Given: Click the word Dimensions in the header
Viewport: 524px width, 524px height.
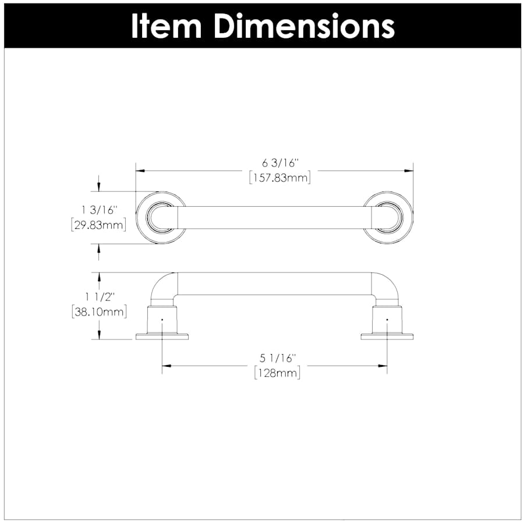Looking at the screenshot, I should (x=303, y=26).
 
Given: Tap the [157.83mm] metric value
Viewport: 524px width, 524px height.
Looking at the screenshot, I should (x=279, y=178).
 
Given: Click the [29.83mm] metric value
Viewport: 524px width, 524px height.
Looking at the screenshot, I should (x=98, y=224).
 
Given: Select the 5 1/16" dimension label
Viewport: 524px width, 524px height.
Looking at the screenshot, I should (x=277, y=357).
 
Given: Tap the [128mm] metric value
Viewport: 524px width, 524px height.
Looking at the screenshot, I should (x=277, y=373).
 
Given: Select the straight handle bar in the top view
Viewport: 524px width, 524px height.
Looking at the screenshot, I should (x=274, y=217).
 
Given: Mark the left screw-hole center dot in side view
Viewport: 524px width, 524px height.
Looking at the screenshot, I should (x=162, y=320).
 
